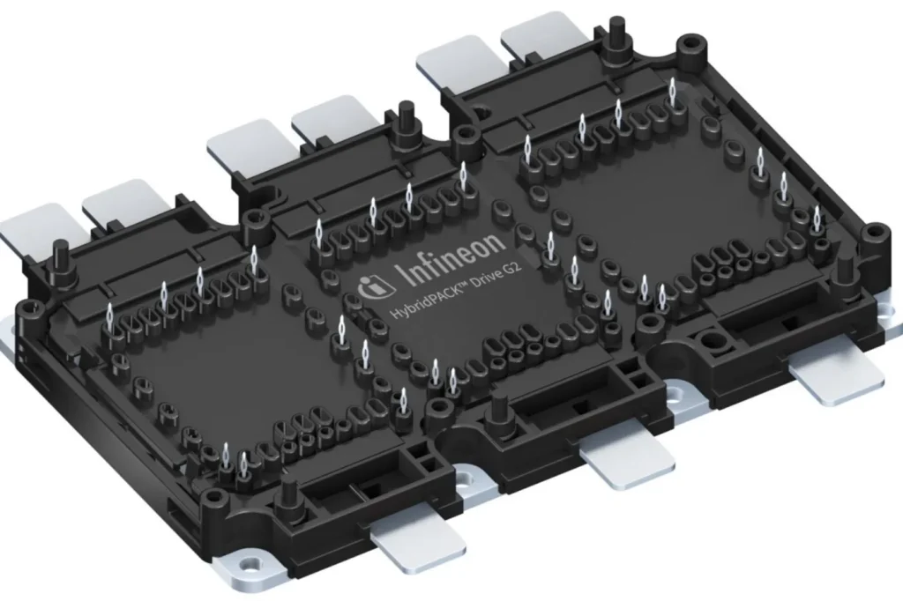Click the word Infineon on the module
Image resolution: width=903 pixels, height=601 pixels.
(451, 258)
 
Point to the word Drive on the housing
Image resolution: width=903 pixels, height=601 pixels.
(490, 275)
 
